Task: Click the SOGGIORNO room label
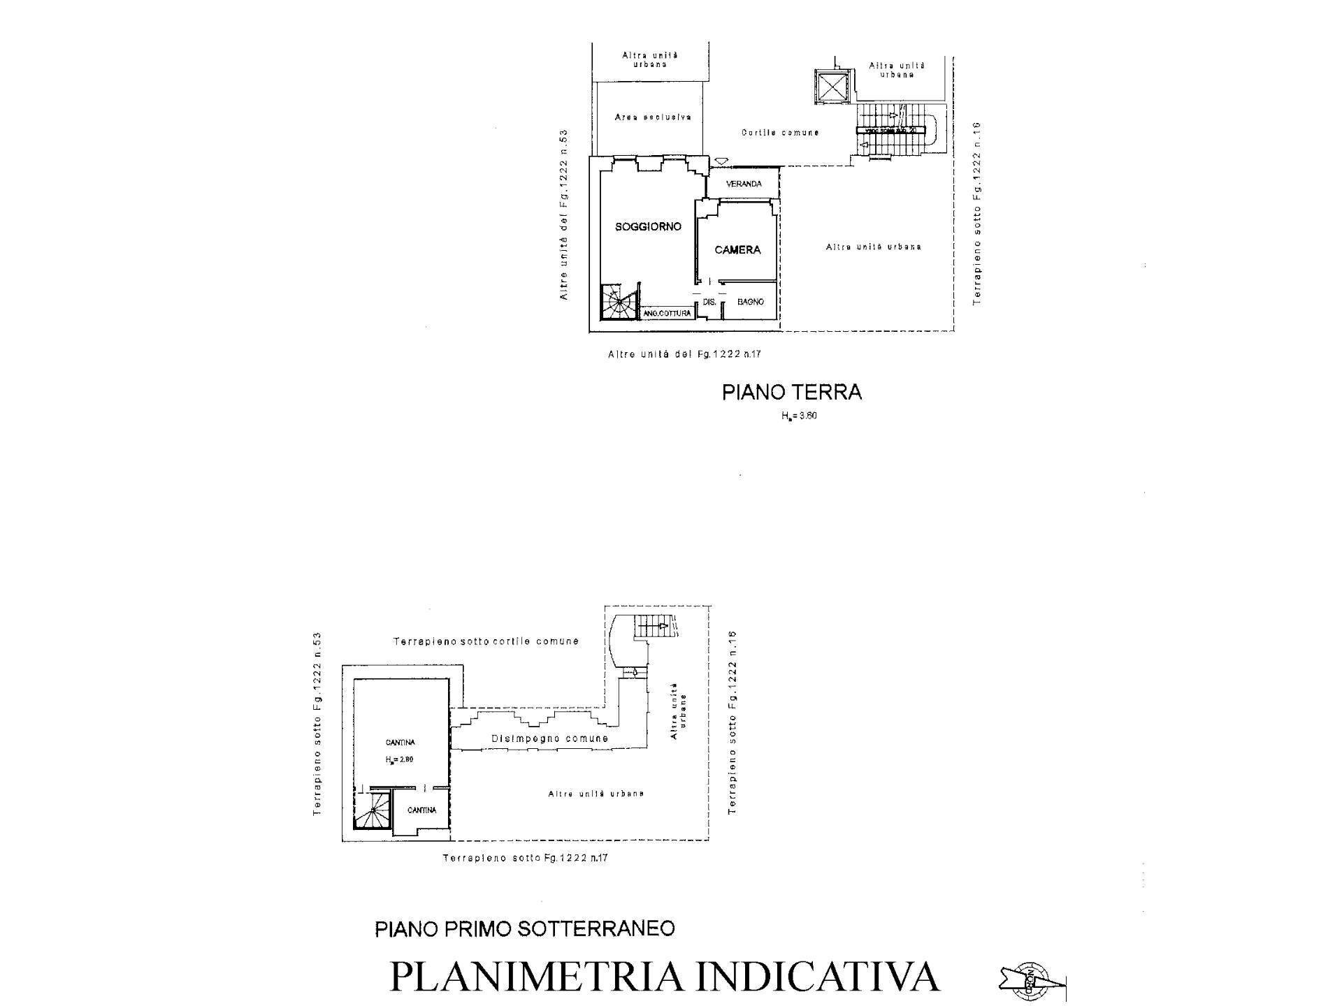[648, 226]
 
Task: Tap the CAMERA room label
[737, 249]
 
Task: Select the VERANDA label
[744, 184]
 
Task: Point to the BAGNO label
[751, 302]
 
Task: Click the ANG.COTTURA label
[667, 313]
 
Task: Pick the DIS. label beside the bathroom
[709, 302]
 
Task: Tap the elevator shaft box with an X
[832, 87]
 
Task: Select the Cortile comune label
[780, 132]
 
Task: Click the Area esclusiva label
[653, 117]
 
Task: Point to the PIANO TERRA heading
[792, 392]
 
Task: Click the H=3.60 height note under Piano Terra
[799, 416]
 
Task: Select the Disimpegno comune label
[549, 738]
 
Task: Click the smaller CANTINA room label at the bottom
[421, 810]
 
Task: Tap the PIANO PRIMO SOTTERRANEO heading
[525, 928]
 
